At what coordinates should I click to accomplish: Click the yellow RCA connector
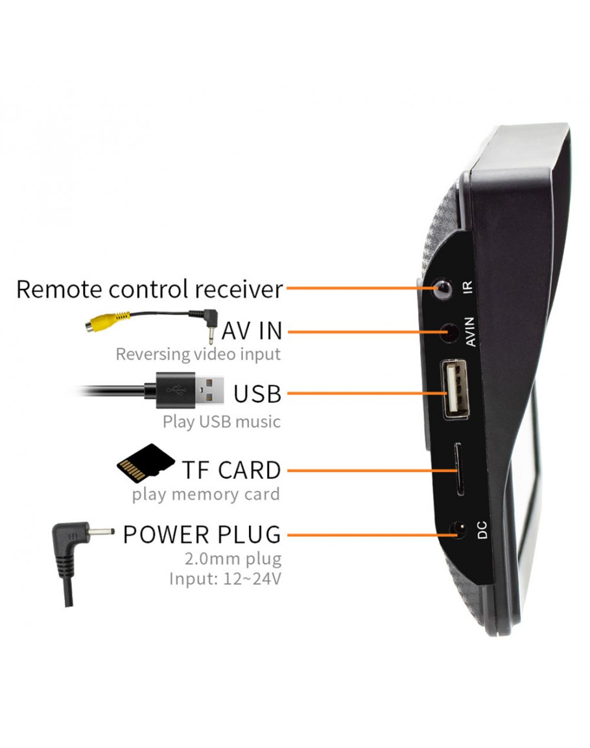[104, 322]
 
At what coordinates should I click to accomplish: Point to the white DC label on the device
[482, 530]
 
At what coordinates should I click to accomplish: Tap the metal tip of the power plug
[100, 534]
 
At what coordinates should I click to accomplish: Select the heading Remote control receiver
[150, 289]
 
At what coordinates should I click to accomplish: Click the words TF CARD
[231, 470]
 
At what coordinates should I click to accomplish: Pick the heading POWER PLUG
[202, 535]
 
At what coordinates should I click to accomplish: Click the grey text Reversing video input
[198, 354]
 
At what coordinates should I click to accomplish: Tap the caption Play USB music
[222, 422]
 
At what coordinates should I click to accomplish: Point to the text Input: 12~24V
[225, 578]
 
